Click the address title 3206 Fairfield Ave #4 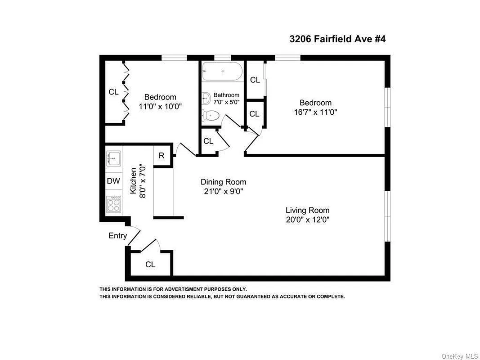tap(337, 39)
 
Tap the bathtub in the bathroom tap(222, 71)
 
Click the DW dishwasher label tap(113, 181)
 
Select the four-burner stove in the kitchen tap(113, 205)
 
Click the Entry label tap(118, 235)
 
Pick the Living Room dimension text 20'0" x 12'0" tap(307, 220)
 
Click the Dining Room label tap(223, 182)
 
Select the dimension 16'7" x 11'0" tap(316, 112)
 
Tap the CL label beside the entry tap(150, 265)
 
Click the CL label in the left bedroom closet tap(113, 92)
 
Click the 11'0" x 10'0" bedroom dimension tap(160, 106)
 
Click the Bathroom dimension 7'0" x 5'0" tap(226, 102)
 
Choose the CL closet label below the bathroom tap(208, 141)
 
